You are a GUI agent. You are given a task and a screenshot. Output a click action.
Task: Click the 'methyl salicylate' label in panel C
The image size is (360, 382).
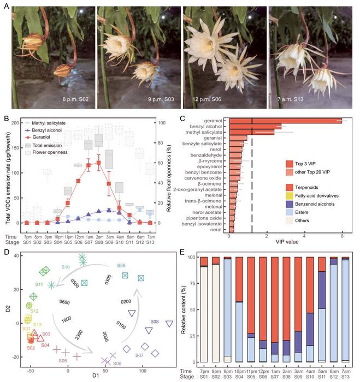[211, 132]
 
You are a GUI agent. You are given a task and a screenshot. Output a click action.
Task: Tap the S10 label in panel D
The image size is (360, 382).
[66, 266]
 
